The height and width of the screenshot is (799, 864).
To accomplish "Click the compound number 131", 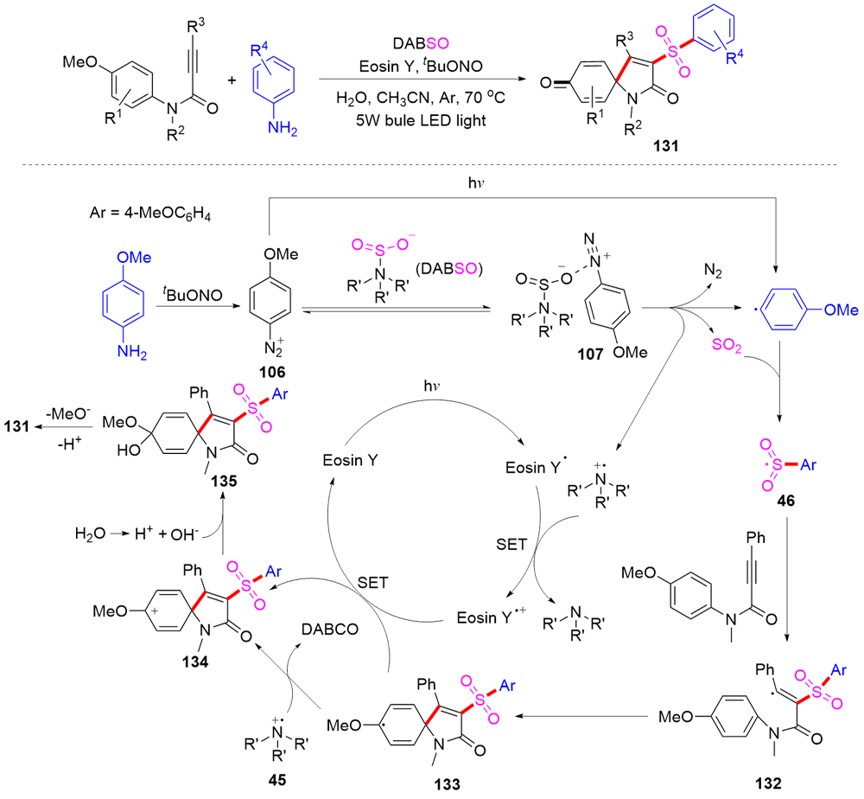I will [665, 147].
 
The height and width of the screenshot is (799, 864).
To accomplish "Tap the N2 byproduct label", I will [713, 272].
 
